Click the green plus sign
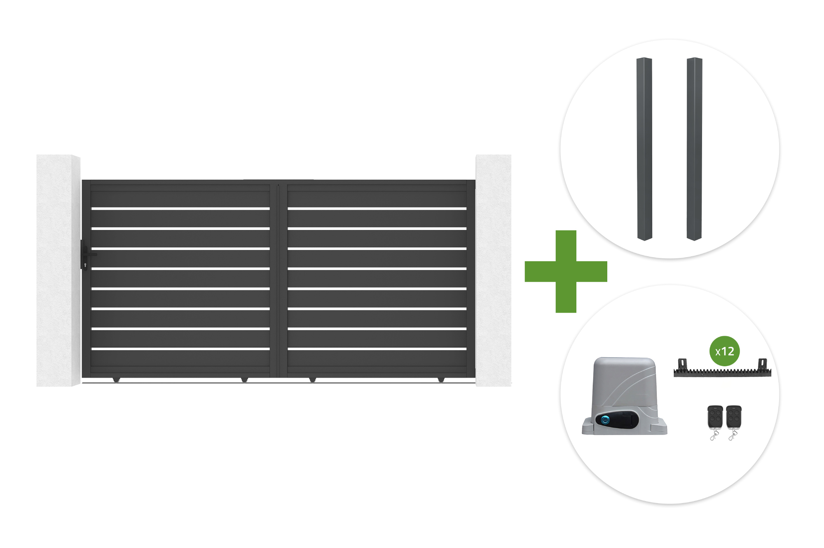[566, 272]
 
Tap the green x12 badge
[725, 351]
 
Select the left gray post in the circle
[644, 149]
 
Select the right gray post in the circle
[694, 149]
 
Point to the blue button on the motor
[605, 420]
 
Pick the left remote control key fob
[715, 418]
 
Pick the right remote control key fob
[734, 418]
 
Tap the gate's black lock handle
[85, 255]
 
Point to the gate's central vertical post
[279, 280]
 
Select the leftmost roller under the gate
[116, 379]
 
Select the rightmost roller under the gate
[441, 379]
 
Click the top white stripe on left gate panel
[180, 209]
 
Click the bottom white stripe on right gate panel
[377, 349]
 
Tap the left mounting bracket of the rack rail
[683, 364]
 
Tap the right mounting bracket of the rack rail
[763, 364]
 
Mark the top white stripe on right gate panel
[377, 209]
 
